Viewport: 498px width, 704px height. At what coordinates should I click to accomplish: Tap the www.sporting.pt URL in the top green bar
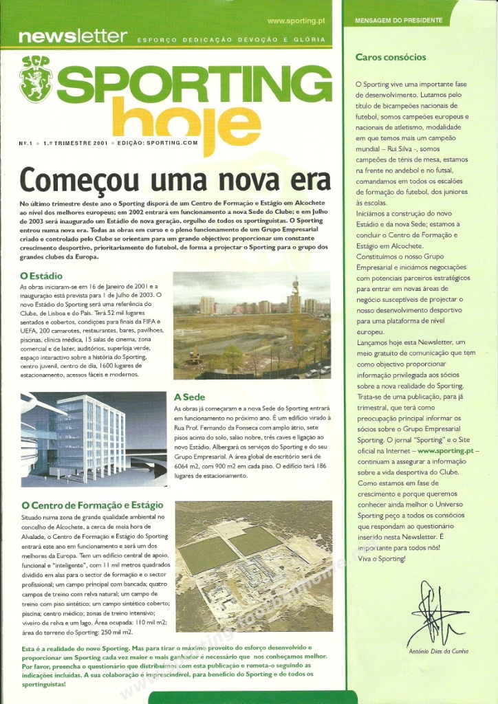296,21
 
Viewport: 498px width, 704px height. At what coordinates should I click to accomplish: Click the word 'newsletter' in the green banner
72,36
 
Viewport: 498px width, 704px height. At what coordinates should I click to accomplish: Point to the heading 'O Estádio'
41,276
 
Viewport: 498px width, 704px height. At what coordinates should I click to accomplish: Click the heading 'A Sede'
188,397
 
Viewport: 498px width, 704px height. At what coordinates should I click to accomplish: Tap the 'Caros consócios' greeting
391,57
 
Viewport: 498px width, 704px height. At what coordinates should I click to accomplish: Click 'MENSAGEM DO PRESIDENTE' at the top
398,21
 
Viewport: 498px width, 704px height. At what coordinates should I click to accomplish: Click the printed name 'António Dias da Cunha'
438,651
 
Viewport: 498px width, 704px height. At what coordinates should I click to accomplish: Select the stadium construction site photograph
252,325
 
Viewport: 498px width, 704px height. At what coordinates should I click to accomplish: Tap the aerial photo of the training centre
254,565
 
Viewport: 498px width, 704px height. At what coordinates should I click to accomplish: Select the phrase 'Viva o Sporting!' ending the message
382,559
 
